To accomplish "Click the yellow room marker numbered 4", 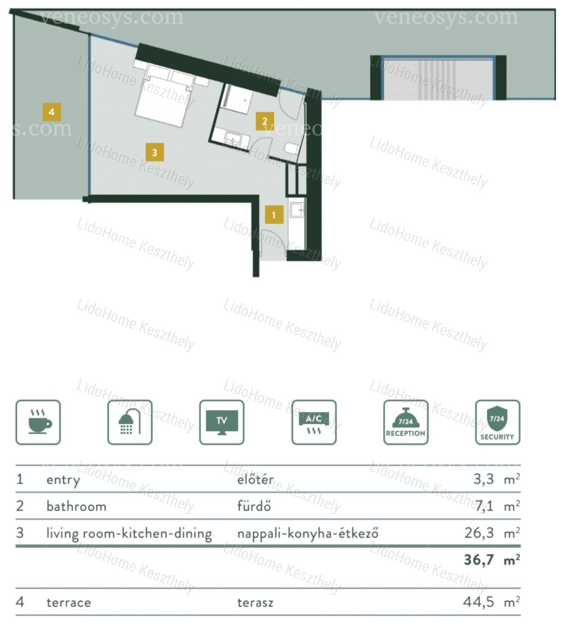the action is [x=52, y=112].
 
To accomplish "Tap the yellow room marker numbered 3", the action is [x=155, y=152].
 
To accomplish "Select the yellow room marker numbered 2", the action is [x=265, y=122].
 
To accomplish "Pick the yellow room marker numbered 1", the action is [x=274, y=215].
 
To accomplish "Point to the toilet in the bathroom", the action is [x=292, y=149].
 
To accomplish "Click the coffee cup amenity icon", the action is [x=38, y=422].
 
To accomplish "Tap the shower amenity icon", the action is [x=130, y=422].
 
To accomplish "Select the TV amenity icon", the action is [x=222, y=422].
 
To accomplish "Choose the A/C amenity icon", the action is [x=314, y=422].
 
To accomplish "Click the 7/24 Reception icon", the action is [x=406, y=422].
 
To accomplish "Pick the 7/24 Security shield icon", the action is [x=498, y=422].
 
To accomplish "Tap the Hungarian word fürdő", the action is [x=254, y=506].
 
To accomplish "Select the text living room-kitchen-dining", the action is [x=129, y=533].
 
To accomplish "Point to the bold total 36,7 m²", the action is [x=492, y=560].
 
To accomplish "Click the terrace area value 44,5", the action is [x=478, y=602].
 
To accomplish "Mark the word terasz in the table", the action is [x=255, y=602].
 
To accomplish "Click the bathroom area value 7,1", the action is [x=484, y=506].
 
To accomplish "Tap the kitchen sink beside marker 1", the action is [x=297, y=209].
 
